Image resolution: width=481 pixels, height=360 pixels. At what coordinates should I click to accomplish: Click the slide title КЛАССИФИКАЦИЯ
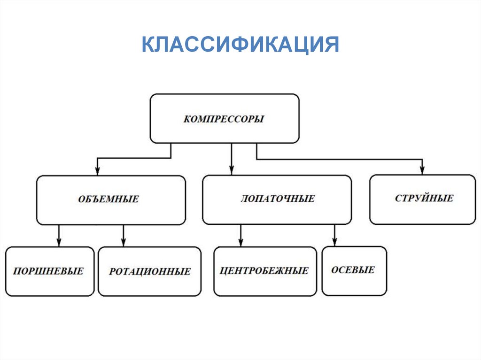tap(240, 46)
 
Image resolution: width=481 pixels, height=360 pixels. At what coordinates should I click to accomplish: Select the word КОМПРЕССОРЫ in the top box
tap(224, 119)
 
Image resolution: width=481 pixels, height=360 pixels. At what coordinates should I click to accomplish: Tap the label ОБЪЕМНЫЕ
tap(109, 199)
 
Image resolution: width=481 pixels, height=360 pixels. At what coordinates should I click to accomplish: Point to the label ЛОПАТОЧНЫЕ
tap(278, 199)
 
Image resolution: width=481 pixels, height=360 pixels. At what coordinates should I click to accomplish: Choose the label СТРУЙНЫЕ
tap(424, 198)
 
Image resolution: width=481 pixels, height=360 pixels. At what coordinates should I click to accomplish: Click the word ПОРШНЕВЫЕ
tap(48, 271)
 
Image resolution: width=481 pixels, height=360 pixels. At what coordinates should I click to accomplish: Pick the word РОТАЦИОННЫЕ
tap(150, 271)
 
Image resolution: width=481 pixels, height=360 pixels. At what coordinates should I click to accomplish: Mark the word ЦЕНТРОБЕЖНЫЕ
tap(264, 271)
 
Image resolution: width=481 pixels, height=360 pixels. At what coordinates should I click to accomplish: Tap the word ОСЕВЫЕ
tap(353, 270)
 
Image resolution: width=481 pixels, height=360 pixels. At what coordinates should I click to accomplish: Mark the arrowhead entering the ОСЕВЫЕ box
tap(335, 242)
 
